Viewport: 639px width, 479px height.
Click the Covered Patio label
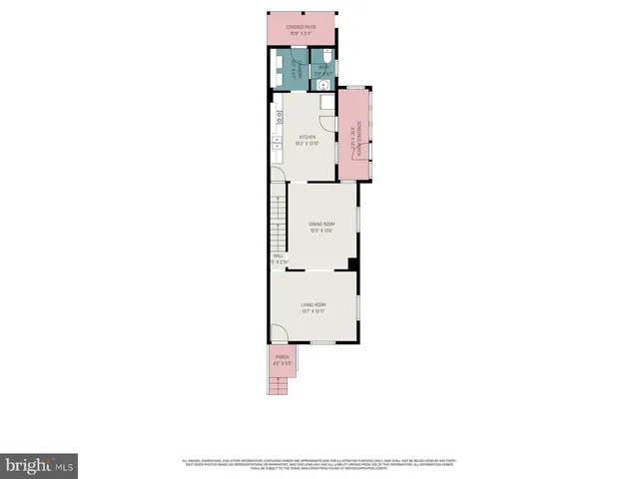click(x=301, y=27)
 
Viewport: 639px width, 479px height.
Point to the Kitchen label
click(x=308, y=137)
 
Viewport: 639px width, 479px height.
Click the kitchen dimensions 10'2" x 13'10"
click(x=308, y=144)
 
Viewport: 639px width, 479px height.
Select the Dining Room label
click(x=320, y=224)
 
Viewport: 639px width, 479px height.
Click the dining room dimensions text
click(x=320, y=231)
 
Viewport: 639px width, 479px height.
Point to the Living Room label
click(x=315, y=305)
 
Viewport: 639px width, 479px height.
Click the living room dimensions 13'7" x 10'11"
click(x=315, y=312)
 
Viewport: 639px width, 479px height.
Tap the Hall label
click(x=278, y=255)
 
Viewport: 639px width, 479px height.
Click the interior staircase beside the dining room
click(x=279, y=220)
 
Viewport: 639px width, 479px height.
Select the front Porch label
click(x=282, y=357)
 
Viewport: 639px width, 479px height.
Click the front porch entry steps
click(x=282, y=382)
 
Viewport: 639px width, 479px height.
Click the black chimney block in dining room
click(x=352, y=263)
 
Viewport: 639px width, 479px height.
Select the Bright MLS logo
click(x=40, y=465)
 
